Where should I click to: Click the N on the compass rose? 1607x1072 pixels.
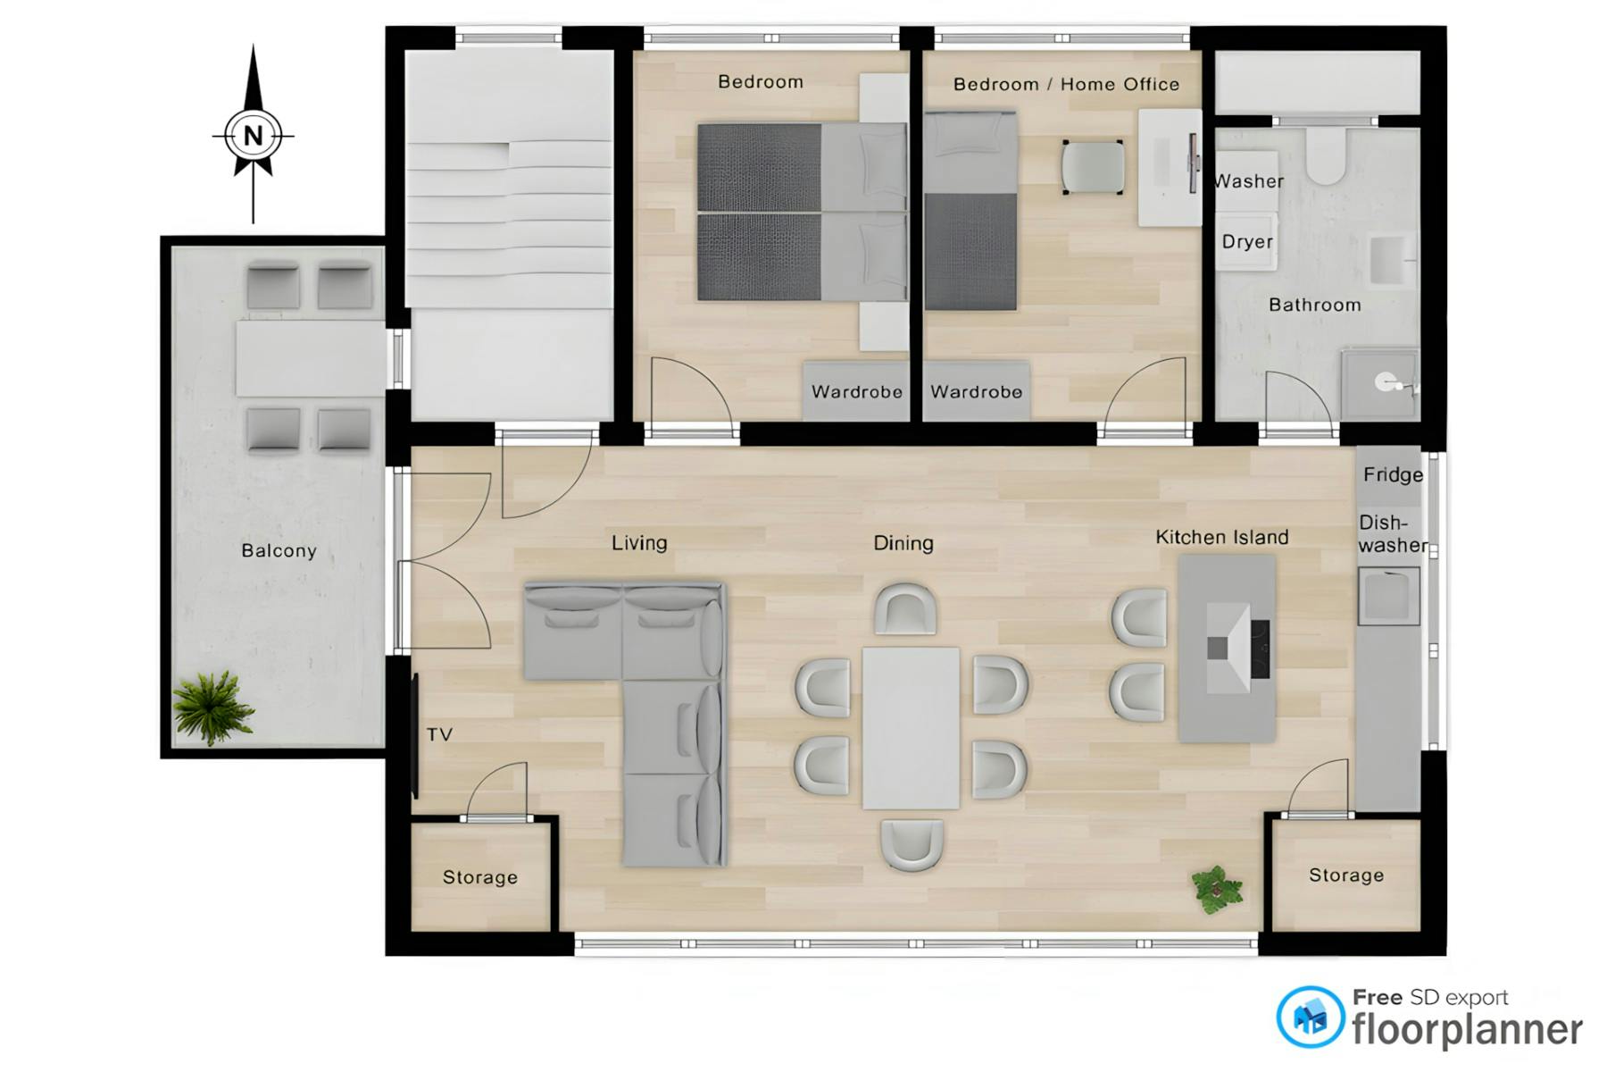pyautogui.click(x=254, y=136)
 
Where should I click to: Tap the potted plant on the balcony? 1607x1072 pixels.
pyautogui.click(x=212, y=707)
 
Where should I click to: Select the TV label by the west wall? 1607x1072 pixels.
pyautogui.click(x=439, y=734)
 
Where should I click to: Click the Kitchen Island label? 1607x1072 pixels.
pyautogui.click(x=1221, y=537)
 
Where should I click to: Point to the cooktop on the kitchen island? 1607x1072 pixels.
pyautogui.click(x=1260, y=649)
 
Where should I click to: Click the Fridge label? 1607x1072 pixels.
pyautogui.click(x=1392, y=474)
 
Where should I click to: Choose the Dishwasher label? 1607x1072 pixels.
pyautogui.click(x=1392, y=533)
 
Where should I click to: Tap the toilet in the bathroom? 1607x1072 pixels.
pyautogui.click(x=1326, y=156)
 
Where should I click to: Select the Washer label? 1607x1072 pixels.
pyautogui.click(x=1249, y=181)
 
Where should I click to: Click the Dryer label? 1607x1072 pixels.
pyautogui.click(x=1246, y=241)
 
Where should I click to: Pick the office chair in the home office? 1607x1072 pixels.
pyautogui.click(x=1093, y=167)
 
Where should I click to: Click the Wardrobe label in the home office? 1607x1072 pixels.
pyautogui.click(x=976, y=391)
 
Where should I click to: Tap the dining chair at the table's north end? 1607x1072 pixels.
pyautogui.click(x=905, y=609)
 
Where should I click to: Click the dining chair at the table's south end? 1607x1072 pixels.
pyautogui.click(x=912, y=844)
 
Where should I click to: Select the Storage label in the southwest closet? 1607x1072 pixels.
pyautogui.click(x=479, y=877)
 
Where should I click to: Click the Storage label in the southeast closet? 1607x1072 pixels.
pyautogui.click(x=1345, y=875)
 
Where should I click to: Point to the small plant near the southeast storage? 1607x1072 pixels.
pyautogui.click(x=1216, y=889)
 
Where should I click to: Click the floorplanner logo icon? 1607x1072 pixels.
pyautogui.click(x=1310, y=1017)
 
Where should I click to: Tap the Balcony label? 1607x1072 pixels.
pyautogui.click(x=279, y=550)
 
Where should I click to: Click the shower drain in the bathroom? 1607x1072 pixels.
pyautogui.click(x=1385, y=384)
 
